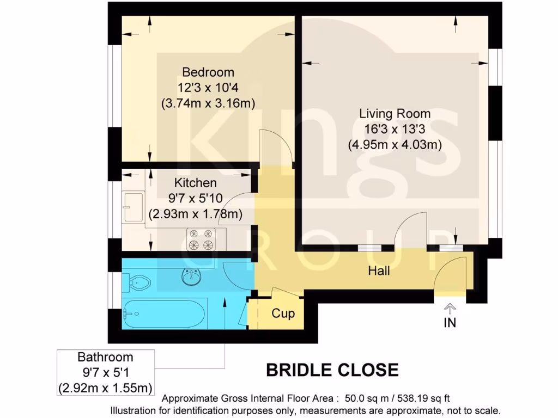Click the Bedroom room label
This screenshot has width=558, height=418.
208,72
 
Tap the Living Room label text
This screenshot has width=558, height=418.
395,114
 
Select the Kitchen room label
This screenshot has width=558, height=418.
195,183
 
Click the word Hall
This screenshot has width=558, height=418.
379,271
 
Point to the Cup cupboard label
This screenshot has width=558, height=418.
283,313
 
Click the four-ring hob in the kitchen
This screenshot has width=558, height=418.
200,239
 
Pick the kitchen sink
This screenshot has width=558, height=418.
132,207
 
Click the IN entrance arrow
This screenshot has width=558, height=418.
450,309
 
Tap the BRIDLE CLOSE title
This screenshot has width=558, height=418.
332,371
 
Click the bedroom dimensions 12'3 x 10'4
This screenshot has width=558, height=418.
208,87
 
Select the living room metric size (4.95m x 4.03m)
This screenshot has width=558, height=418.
395,145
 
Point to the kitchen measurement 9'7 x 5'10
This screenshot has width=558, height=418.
195,199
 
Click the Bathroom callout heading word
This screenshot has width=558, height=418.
105,358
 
